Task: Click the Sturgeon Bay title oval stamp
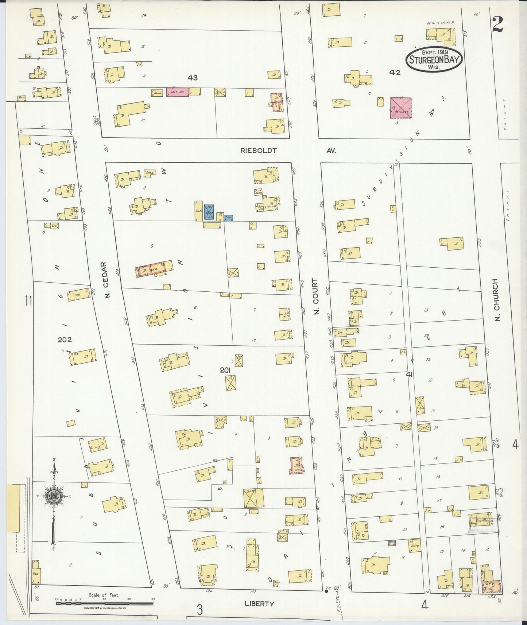pos(434,59)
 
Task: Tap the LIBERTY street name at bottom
pos(259,603)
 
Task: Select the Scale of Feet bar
pos(105,603)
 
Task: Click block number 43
pos(193,77)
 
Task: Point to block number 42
pos(395,73)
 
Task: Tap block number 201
pos(225,370)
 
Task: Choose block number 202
pos(65,339)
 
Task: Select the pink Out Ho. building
pos(178,92)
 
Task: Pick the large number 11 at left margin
pos(29,301)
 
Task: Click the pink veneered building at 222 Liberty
pos(491,585)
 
